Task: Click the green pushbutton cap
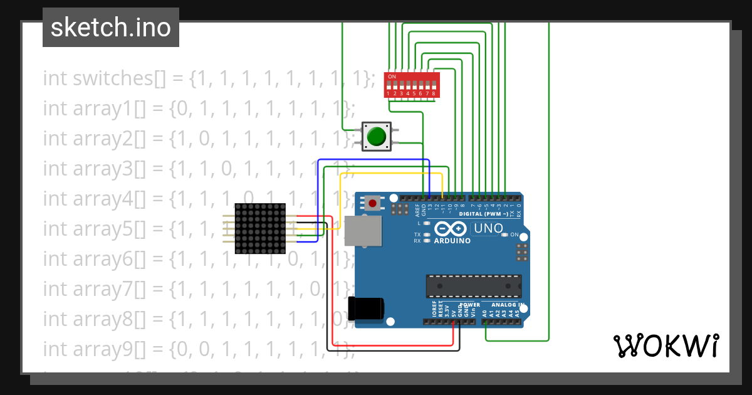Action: (x=376, y=136)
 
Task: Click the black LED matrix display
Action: (x=260, y=228)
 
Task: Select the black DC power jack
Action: (x=366, y=308)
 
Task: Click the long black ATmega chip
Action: (x=473, y=286)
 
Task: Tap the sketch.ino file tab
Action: (x=111, y=28)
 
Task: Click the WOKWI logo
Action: (x=666, y=346)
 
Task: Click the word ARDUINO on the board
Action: (x=452, y=241)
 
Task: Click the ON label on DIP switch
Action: (x=392, y=76)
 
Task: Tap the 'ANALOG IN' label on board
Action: (x=508, y=305)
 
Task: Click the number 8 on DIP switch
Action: (x=434, y=93)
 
